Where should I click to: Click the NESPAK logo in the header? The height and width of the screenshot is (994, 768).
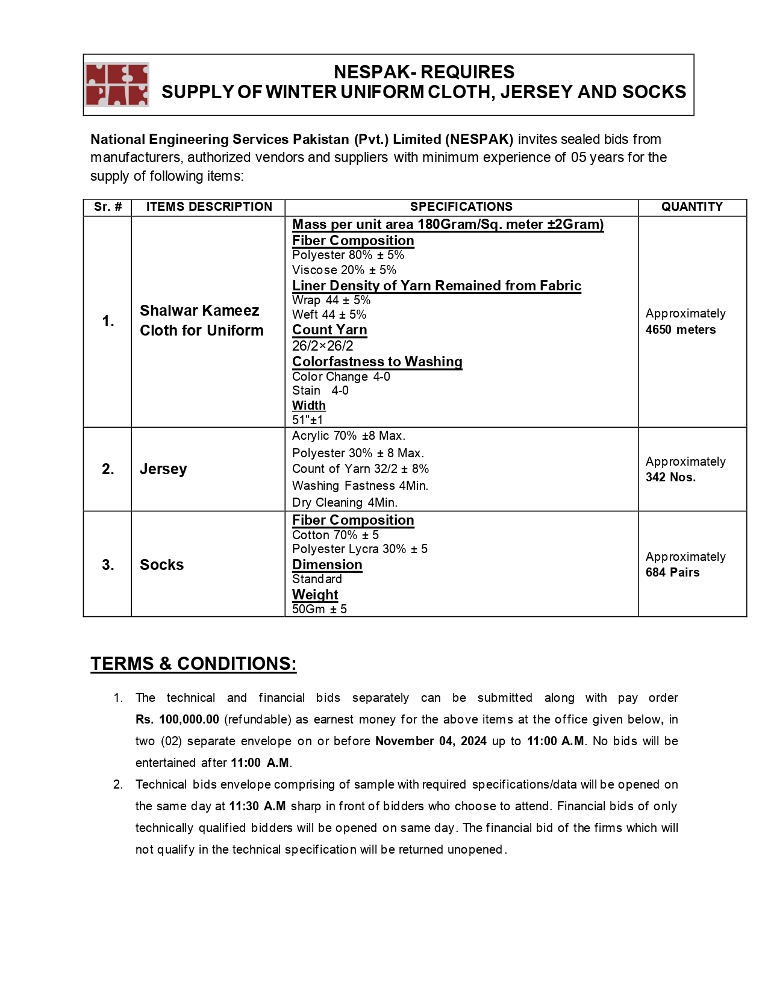(117, 85)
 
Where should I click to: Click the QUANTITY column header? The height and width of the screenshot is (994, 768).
(692, 207)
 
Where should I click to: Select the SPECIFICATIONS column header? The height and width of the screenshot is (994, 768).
(461, 207)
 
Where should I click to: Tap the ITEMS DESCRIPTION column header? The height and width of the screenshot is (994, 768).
(209, 207)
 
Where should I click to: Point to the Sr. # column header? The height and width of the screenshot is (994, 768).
(108, 207)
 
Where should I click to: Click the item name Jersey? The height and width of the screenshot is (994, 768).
(163, 469)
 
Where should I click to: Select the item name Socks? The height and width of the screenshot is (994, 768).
(161, 564)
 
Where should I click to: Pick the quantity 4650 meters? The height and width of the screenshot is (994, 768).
(681, 330)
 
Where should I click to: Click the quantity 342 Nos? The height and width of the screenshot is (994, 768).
(670, 477)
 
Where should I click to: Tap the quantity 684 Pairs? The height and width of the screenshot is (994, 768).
(672, 572)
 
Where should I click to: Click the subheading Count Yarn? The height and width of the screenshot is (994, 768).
(329, 330)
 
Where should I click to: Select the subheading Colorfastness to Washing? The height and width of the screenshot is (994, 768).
(377, 361)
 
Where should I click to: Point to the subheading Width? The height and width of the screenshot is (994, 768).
(309, 405)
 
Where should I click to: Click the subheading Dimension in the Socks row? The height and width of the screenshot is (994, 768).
(327, 564)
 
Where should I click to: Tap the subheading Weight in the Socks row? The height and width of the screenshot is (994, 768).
(315, 595)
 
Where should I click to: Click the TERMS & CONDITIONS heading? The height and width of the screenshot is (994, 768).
(193, 663)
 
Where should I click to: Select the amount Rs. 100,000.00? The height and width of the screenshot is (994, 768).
(177, 719)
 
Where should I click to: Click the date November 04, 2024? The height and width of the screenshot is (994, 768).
(431, 741)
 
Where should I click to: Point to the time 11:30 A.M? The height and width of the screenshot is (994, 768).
(257, 806)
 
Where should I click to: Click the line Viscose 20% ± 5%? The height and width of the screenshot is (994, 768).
(344, 270)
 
